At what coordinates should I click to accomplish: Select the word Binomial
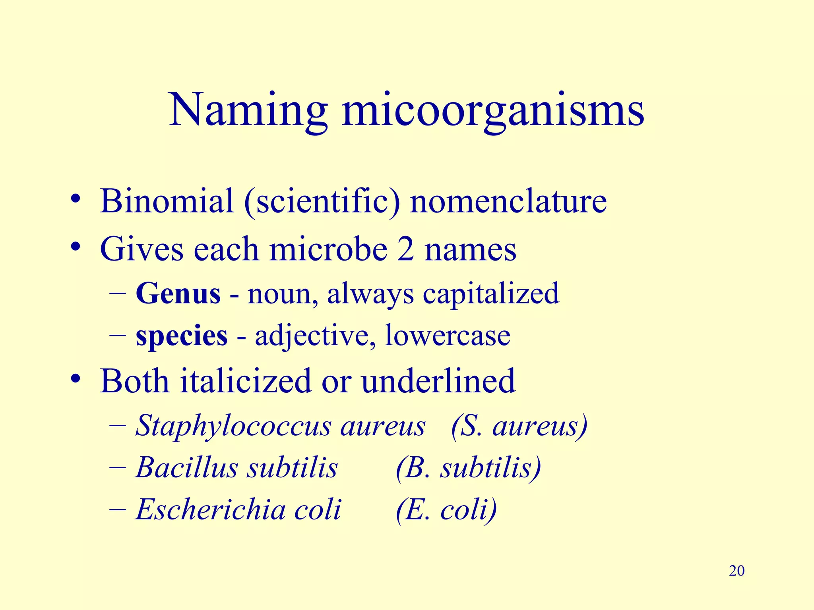pyautogui.click(x=167, y=201)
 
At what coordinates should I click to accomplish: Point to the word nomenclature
pyautogui.click(x=508, y=201)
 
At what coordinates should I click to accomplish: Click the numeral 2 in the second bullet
pyautogui.click(x=405, y=249)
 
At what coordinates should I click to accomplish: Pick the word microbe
pyautogui.click(x=328, y=249)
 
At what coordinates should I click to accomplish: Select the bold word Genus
pyautogui.click(x=178, y=293)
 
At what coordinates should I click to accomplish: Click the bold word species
pyautogui.click(x=182, y=336)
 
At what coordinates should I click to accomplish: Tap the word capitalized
pyautogui.click(x=490, y=293)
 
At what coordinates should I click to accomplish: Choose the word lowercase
pyautogui.click(x=447, y=336)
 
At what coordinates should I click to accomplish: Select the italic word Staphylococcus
pyautogui.click(x=233, y=426)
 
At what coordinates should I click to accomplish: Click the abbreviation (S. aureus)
pyautogui.click(x=519, y=426)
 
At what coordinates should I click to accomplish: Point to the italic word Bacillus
pyautogui.click(x=187, y=467)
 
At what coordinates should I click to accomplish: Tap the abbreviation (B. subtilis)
pyautogui.click(x=468, y=467)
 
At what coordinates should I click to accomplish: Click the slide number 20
pyautogui.click(x=736, y=571)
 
